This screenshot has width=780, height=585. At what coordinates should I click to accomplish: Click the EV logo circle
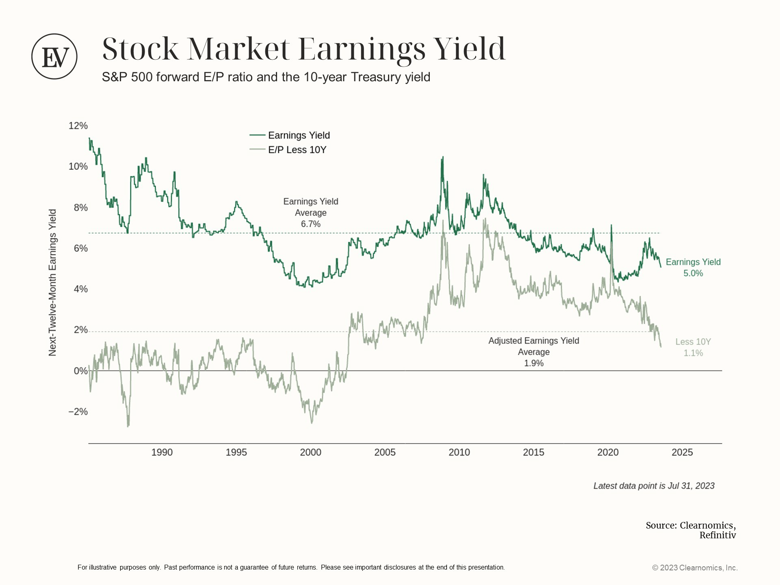[x=54, y=56]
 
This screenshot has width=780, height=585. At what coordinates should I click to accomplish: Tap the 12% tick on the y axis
[x=78, y=126]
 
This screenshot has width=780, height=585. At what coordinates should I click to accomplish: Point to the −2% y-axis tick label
[x=78, y=412]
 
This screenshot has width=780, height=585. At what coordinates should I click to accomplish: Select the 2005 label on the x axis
[x=385, y=453]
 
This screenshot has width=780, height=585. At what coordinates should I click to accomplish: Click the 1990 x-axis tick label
[x=162, y=453]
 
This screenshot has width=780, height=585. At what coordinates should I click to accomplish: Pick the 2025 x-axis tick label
[x=682, y=453]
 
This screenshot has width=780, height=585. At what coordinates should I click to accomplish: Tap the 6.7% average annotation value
[x=311, y=224]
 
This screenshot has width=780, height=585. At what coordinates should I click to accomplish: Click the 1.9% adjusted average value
[x=533, y=364]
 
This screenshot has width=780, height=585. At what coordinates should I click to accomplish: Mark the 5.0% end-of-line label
[x=693, y=273]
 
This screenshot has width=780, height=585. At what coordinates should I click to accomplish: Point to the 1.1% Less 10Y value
[x=693, y=353]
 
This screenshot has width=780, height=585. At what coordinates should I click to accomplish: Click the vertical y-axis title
[x=53, y=283]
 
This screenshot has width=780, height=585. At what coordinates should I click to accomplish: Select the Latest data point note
[x=654, y=486]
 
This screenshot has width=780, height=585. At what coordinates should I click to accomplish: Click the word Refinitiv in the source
[x=717, y=535]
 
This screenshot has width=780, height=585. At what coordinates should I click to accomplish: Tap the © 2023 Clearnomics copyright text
[x=695, y=568]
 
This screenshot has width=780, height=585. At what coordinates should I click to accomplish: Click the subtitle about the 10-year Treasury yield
[x=266, y=77]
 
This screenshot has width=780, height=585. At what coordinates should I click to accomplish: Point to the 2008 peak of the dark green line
[x=442, y=158]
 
